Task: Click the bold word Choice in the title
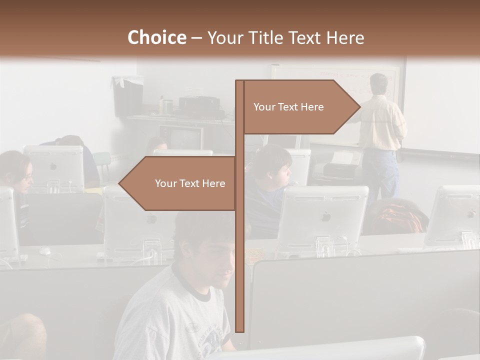(x=156, y=37)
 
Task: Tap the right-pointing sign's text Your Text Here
(x=288, y=107)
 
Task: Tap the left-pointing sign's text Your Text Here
(x=190, y=183)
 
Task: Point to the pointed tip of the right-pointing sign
(x=359, y=106)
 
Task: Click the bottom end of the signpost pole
(x=239, y=330)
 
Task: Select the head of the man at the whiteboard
(x=378, y=84)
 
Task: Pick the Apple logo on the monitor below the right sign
(x=325, y=216)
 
